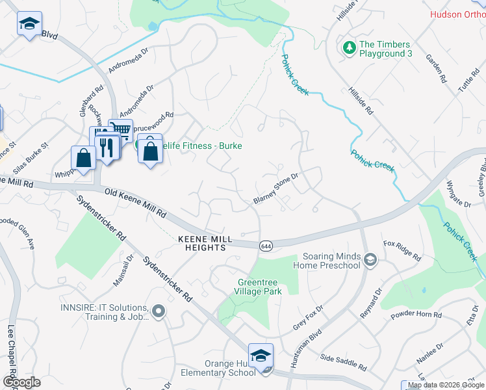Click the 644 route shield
(x=266, y=246)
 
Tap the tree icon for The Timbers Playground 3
(x=349, y=47)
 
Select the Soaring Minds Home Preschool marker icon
(x=370, y=260)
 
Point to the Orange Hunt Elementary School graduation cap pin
(x=261, y=356)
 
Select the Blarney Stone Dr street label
(x=275, y=188)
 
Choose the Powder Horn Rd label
(x=416, y=315)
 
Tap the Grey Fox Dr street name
(x=308, y=317)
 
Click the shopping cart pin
(x=120, y=129)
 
